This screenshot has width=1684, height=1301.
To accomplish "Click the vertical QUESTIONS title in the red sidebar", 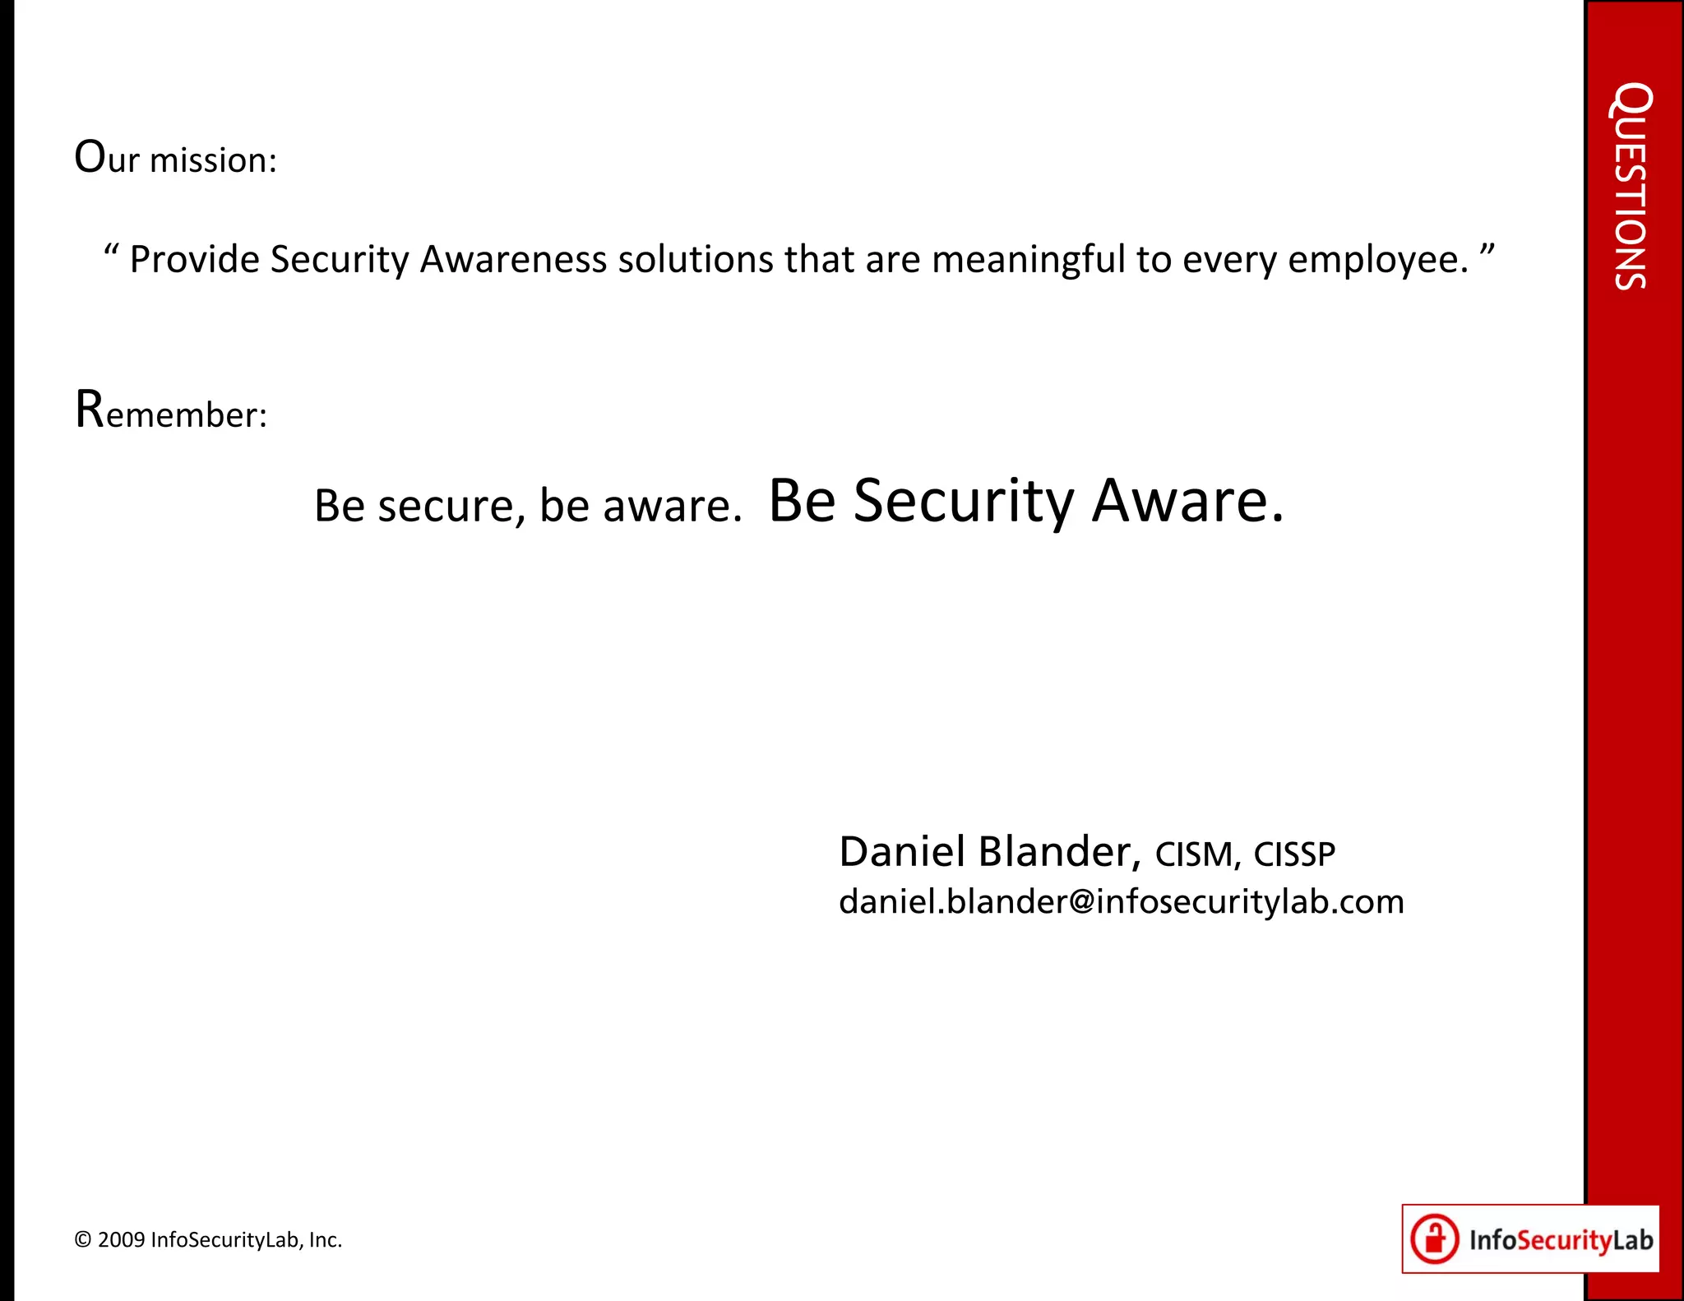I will [x=1631, y=186].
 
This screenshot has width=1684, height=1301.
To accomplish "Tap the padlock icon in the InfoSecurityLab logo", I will [x=1435, y=1239].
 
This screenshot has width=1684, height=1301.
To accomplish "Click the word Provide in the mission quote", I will [x=195, y=260].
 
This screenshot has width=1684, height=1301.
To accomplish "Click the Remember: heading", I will [x=171, y=411].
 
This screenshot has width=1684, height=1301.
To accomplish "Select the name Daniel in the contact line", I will [x=902, y=852].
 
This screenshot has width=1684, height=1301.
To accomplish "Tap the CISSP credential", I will [x=1294, y=855].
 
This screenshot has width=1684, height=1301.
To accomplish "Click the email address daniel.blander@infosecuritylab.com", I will [x=1121, y=902].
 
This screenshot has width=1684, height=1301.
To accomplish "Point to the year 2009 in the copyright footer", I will [x=122, y=1240].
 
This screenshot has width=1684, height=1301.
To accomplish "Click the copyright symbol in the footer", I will [x=83, y=1240].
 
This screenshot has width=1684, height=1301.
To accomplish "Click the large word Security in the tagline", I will [x=963, y=502].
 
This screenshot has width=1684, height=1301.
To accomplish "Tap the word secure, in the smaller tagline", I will [x=451, y=506].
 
